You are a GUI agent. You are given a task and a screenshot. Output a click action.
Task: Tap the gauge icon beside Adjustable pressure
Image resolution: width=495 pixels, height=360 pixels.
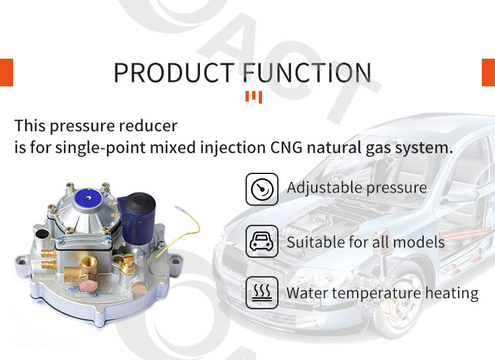[262, 189]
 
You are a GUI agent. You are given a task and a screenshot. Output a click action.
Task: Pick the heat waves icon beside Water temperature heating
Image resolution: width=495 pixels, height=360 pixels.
[262, 293]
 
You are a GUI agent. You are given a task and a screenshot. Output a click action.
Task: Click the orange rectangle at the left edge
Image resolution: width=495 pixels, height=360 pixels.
[6, 72]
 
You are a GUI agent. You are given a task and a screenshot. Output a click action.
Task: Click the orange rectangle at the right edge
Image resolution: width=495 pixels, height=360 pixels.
[488, 72]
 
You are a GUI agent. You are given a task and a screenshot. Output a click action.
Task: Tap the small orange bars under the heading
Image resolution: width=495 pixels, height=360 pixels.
[253, 98]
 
